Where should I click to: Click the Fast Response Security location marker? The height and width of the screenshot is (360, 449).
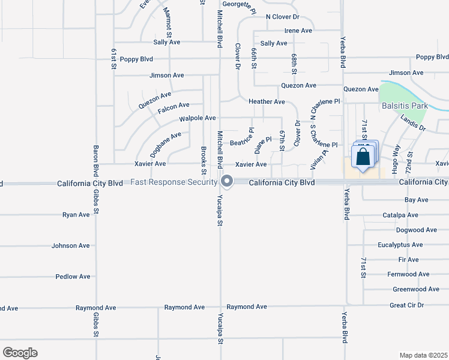227,181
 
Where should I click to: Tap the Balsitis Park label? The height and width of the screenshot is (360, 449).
405,106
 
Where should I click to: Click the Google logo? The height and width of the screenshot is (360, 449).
20,353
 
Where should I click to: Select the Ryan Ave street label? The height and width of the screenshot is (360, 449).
76,214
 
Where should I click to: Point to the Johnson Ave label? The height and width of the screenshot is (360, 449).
70,245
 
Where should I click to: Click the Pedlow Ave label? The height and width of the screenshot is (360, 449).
73,277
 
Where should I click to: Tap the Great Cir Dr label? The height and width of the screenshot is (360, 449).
406,305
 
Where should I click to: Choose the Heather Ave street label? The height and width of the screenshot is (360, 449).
267,102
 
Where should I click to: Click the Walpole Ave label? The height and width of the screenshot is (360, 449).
197,118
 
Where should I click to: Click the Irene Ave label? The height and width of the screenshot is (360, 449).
298,31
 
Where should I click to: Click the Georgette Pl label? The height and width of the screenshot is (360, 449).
239,4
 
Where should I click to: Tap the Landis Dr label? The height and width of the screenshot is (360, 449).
413,124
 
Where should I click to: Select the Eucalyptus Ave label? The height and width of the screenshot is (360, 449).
400,245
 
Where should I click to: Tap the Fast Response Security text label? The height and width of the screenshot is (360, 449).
173,182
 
